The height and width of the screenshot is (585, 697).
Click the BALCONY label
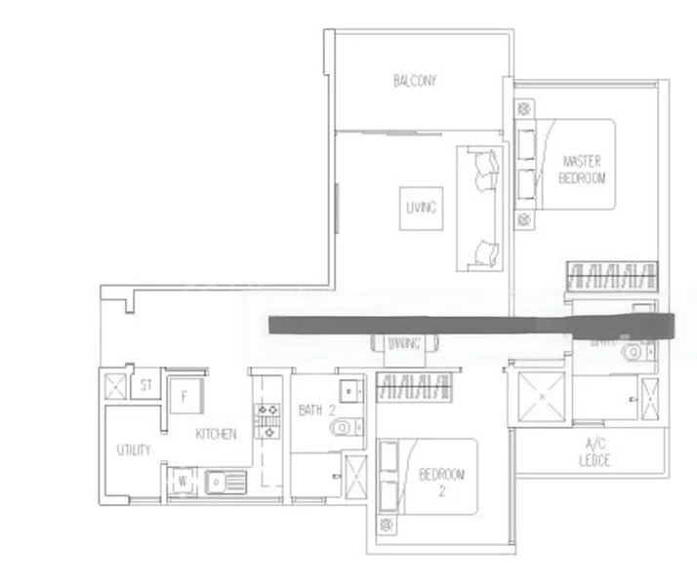pos(415,81)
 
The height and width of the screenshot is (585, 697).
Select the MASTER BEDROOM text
pos(583,169)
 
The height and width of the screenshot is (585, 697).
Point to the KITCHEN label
pos(216,434)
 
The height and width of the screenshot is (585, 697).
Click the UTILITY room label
pos(133,449)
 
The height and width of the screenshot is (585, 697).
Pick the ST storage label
pos(146,385)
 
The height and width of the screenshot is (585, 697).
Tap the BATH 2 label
pos(311,410)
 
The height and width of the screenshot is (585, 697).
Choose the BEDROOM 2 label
pos(441,482)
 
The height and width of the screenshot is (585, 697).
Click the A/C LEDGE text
pos(593,451)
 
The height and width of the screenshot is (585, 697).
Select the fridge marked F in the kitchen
pos(184,397)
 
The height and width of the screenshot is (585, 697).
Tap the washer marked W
pos(182,480)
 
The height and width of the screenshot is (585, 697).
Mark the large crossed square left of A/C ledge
pos(539,398)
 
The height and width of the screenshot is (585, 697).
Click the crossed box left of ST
pos(115,383)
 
